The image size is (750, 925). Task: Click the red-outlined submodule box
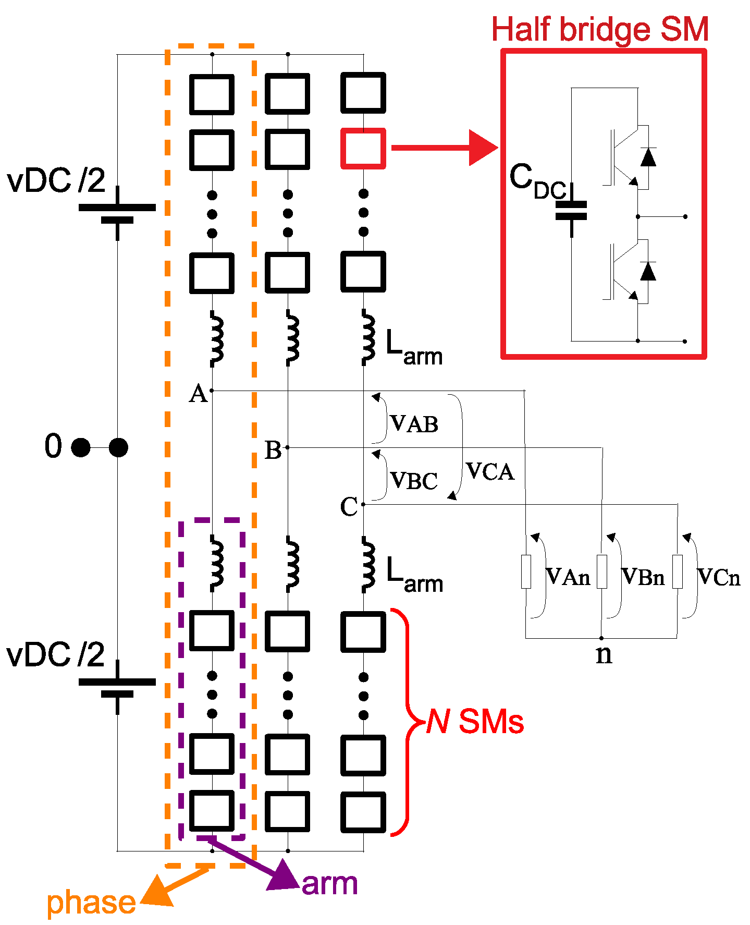[x=363, y=149]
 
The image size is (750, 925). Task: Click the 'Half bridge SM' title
[x=599, y=29]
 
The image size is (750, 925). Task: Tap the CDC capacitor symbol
[x=571, y=211]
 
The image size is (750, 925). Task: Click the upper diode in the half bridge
[x=648, y=157]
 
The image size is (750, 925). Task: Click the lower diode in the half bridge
[x=648, y=272]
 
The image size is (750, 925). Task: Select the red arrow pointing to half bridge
[x=443, y=148]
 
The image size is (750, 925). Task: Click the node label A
[x=198, y=394]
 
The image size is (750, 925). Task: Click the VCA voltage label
[x=490, y=471]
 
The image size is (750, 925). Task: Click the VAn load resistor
[x=526, y=572]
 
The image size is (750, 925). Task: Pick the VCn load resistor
[x=677, y=572]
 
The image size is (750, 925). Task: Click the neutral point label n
[x=604, y=654]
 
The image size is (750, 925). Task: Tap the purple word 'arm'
[x=329, y=884]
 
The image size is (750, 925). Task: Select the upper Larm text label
[x=414, y=348]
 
